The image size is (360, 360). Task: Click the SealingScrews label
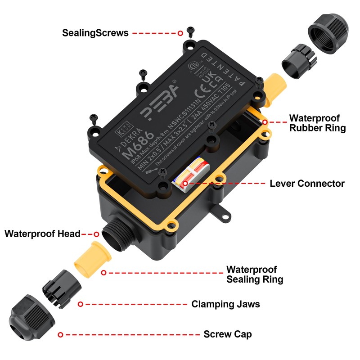95,33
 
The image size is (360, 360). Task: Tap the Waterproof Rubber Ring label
317,123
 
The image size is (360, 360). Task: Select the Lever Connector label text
307,184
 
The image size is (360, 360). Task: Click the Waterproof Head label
42,234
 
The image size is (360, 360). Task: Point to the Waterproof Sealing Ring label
254,274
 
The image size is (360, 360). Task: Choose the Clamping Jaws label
225,304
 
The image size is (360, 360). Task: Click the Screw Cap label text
227,334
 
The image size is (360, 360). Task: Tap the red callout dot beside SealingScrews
180,33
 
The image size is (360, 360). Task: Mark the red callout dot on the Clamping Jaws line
80,304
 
